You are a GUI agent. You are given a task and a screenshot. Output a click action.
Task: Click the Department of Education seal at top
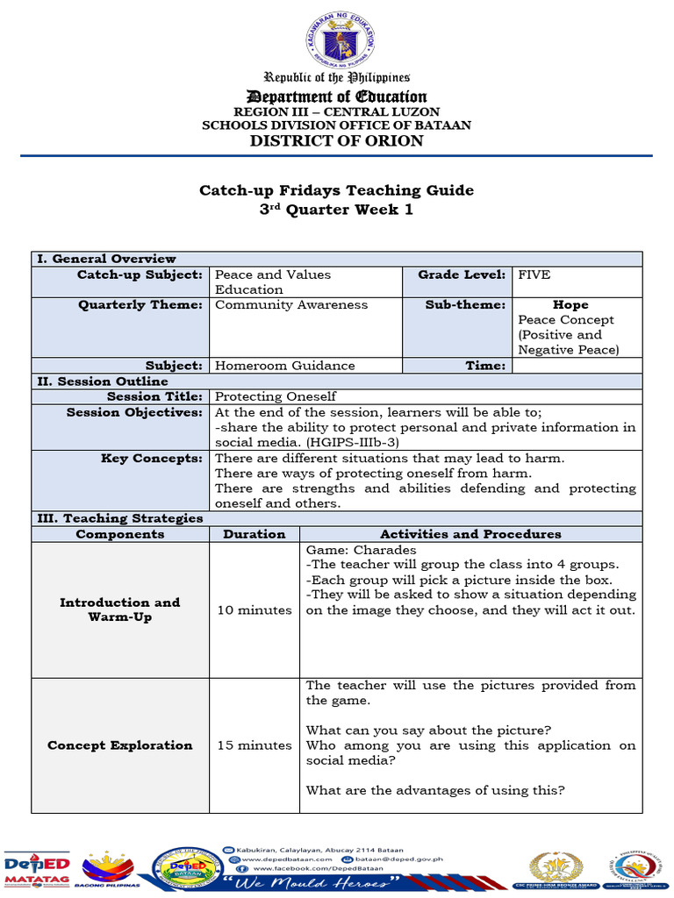click(x=338, y=39)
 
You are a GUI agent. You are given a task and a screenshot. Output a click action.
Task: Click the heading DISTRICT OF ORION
click(x=337, y=141)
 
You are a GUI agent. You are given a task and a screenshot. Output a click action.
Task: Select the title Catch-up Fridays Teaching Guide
click(x=337, y=190)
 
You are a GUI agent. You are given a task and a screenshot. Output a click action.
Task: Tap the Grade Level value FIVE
click(x=534, y=275)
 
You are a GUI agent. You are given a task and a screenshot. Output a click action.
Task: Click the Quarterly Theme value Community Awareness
click(x=291, y=305)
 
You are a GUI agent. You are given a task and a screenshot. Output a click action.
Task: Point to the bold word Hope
click(x=570, y=305)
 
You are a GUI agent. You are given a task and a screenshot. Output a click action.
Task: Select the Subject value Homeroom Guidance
click(x=285, y=366)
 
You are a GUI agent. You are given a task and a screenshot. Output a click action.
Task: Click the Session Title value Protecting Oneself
click(x=276, y=396)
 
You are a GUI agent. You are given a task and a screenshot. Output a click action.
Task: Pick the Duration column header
click(x=254, y=534)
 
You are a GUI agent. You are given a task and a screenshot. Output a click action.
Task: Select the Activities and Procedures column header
click(x=470, y=534)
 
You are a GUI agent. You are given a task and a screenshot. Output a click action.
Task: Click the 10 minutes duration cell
click(x=255, y=610)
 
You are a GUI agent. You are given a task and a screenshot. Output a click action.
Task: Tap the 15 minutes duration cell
click(x=255, y=745)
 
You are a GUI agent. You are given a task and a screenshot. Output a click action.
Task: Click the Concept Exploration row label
click(x=120, y=745)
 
